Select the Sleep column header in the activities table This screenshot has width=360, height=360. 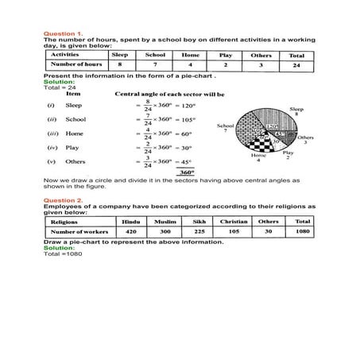click(120, 55)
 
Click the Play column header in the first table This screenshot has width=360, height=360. click(226, 55)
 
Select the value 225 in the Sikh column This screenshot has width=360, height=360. click(207, 234)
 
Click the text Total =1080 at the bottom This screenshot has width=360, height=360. click(62, 254)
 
